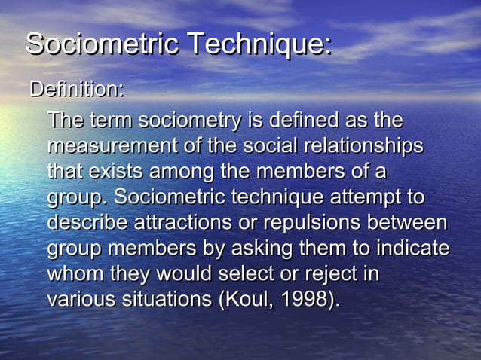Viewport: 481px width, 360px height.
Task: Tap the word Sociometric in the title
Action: click(103, 44)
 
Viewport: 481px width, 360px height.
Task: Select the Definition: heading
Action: click(76, 90)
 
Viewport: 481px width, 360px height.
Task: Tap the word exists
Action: click(113, 172)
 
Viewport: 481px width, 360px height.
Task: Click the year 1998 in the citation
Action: click(305, 300)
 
